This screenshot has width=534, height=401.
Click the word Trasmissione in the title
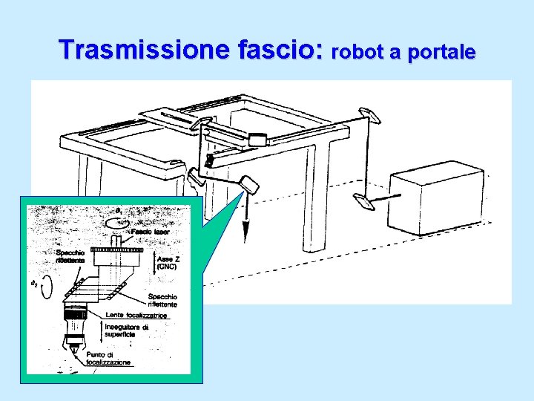tap(146, 50)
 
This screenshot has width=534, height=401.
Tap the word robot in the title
tap(361, 53)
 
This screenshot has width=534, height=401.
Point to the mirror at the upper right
tap(369, 114)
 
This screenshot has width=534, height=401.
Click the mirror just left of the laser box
tap(364, 201)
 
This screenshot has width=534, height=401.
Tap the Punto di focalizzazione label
tap(108, 359)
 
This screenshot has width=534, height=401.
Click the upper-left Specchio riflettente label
tap(70, 257)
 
